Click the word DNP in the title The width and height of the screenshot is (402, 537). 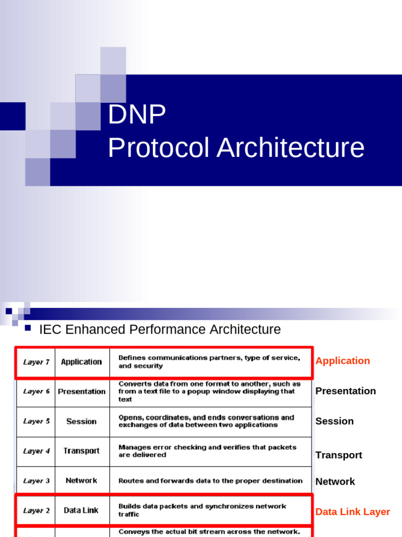click(x=137, y=114)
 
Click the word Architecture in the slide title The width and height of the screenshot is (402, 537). click(x=291, y=147)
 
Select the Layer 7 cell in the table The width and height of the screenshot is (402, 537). click(x=37, y=362)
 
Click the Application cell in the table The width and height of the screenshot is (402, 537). click(x=81, y=362)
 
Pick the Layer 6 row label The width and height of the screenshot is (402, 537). click(x=37, y=391)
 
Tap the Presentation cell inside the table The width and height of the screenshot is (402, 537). click(x=82, y=391)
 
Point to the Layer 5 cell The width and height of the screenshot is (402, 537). click(x=37, y=421)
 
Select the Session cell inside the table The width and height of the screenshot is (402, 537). click(x=81, y=421)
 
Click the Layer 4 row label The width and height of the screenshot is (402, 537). click(x=37, y=451)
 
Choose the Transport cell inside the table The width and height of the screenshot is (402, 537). click(x=81, y=451)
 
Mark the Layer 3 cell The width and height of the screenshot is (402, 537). click(x=37, y=480)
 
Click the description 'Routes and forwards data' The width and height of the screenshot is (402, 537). click(x=210, y=480)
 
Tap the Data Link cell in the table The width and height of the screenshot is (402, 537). click(x=81, y=510)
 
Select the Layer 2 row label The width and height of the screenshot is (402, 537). click(x=37, y=510)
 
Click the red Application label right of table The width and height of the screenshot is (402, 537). click(x=342, y=361)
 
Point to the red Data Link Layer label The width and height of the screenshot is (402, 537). click(x=352, y=512)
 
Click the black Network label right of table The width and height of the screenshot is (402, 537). click(x=335, y=481)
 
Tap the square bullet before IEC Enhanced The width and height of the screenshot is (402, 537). click(x=28, y=328)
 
